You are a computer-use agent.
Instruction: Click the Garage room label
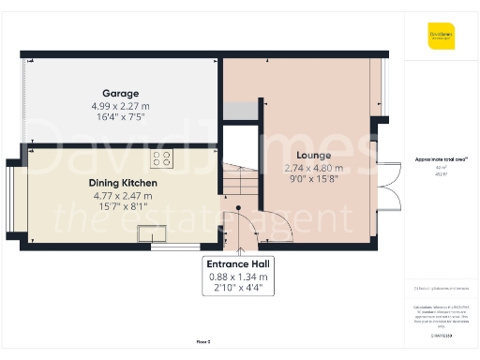(121, 94)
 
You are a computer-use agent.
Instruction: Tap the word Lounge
(313, 156)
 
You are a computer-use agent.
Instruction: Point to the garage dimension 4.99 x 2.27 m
(121, 107)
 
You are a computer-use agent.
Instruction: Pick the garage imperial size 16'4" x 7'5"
(121, 119)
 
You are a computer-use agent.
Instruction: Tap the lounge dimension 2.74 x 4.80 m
(313, 169)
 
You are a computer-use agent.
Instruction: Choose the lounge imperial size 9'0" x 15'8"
(313, 181)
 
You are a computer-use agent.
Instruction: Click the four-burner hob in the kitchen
(161, 158)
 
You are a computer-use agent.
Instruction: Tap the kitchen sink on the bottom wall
(151, 234)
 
